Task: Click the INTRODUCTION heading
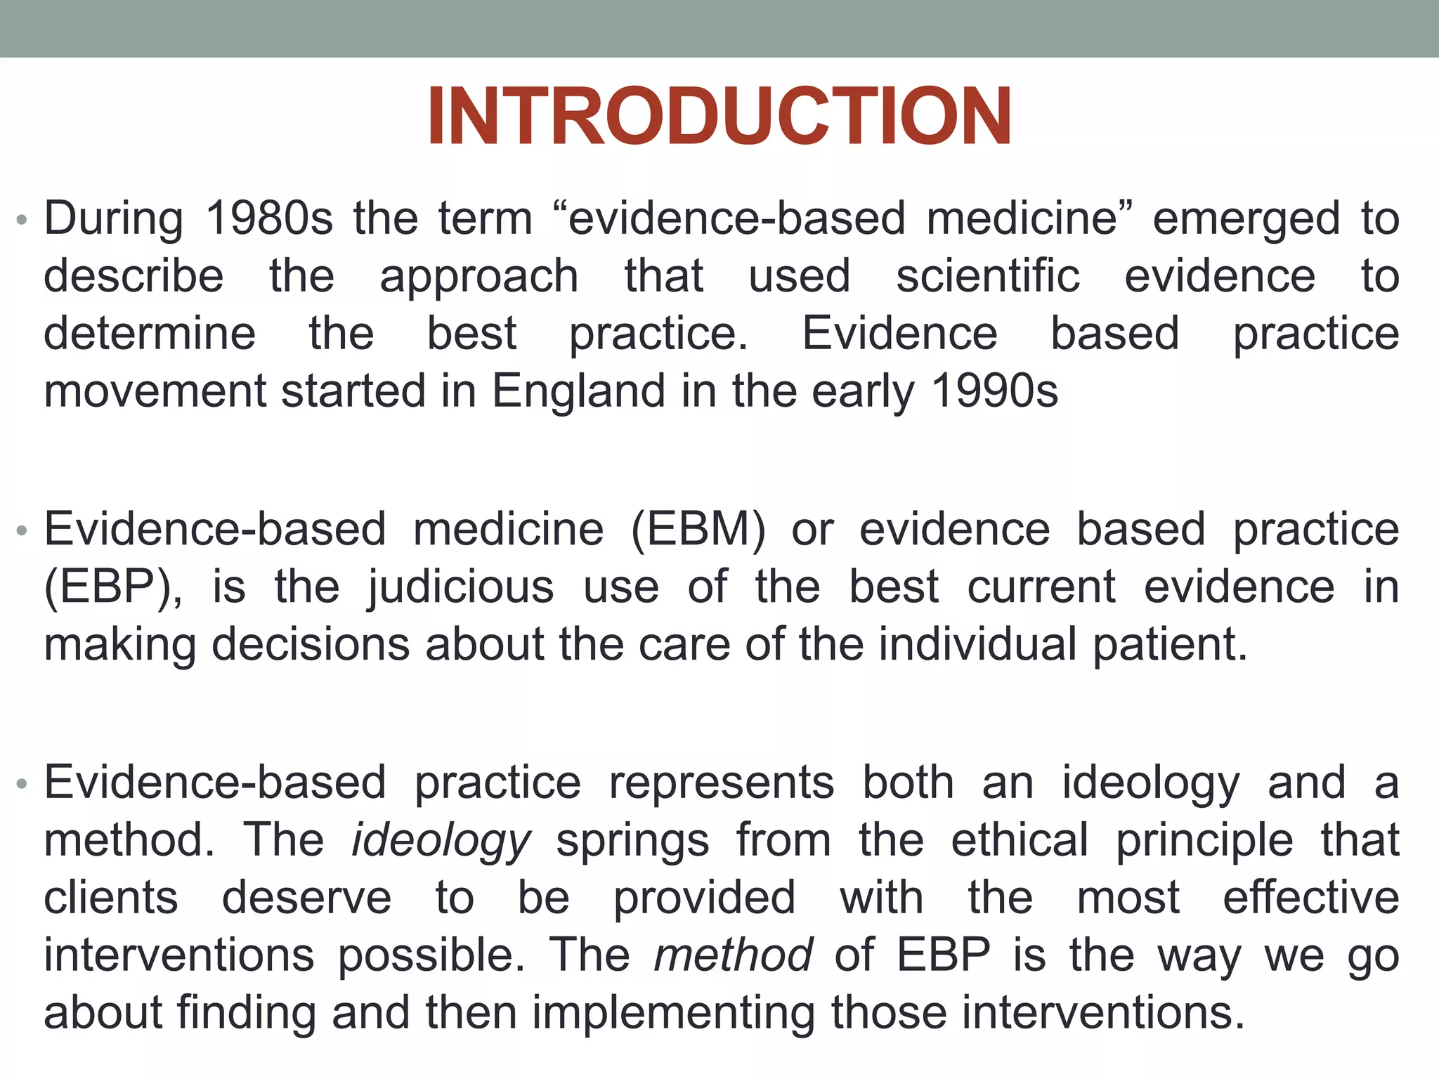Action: coord(719,117)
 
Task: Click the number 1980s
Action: coord(269,218)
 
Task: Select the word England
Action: coord(578,391)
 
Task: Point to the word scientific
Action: coord(987,276)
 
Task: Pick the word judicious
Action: coord(461,588)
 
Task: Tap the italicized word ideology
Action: coord(441,841)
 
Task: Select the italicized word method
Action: coord(733,956)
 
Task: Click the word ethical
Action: coord(1020,841)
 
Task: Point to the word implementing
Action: coord(674,1014)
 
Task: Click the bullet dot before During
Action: coord(22,220)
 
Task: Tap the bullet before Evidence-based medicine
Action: coord(22,530)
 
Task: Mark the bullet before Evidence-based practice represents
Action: coord(22,784)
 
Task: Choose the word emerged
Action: coord(1246,218)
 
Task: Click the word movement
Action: coord(155,391)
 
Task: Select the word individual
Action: coord(978,644)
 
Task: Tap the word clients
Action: coord(111,898)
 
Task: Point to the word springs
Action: coord(632,841)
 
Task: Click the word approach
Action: coord(479,276)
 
